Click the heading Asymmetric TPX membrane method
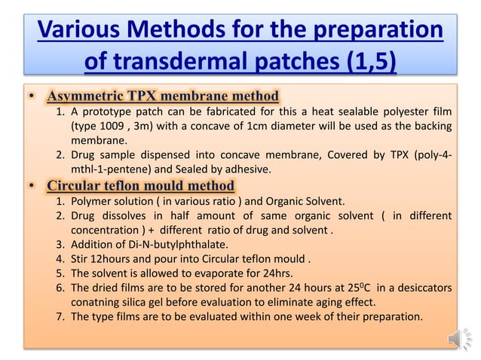163,96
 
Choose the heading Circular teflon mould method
140,186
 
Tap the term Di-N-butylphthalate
172,245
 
